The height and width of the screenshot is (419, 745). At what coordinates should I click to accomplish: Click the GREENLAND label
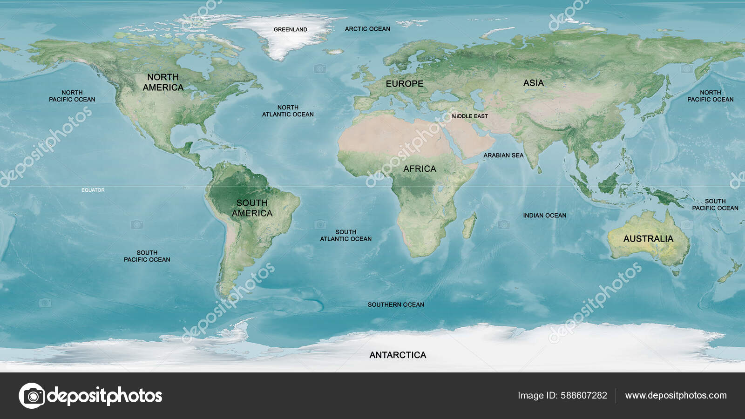[290, 29]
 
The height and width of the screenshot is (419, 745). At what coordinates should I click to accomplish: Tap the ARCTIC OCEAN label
[367, 29]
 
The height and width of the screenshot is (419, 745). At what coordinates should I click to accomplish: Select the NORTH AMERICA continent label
[163, 82]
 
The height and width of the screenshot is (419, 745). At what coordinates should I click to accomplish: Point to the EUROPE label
[404, 84]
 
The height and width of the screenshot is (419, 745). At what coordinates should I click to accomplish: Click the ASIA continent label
[533, 83]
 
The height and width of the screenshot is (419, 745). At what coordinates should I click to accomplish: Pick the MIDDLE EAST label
[470, 116]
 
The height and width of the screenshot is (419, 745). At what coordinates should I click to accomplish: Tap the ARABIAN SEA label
[503, 155]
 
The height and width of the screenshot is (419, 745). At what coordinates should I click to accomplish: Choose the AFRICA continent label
[420, 169]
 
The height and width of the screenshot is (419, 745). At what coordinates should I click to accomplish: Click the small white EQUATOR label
[93, 190]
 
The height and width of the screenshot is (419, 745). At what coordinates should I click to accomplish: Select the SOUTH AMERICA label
[252, 208]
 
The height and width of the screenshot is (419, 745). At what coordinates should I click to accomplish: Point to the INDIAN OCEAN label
[544, 216]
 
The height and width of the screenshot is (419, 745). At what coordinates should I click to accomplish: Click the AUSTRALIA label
[648, 239]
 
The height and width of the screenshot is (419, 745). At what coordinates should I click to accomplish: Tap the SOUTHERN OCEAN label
[396, 304]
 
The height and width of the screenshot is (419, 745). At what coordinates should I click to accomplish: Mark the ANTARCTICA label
[398, 355]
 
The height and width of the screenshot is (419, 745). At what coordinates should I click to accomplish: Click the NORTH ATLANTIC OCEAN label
[288, 111]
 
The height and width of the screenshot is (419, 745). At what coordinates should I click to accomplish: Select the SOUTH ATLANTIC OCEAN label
[345, 235]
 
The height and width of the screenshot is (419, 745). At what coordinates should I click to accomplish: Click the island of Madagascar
[469, 226]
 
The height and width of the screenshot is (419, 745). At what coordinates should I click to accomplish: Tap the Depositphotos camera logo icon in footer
[32, 396]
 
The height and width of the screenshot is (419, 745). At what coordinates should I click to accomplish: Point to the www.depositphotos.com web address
[676, 395]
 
